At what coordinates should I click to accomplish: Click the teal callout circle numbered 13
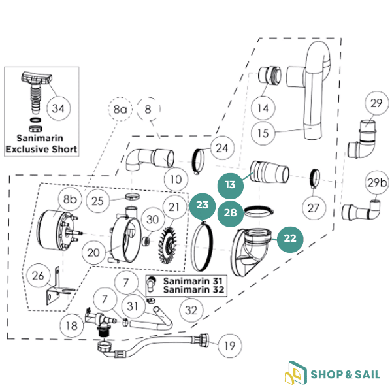(x=230, y=186)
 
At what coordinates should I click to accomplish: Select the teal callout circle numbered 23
(x=203, y=205)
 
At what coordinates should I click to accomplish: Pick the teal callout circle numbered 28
(x=229, y=213)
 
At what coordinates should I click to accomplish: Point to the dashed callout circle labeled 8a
(x=120, y=110)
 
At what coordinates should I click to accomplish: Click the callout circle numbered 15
(x=263, y=133)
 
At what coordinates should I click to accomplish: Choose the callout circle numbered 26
(x=38, y=277)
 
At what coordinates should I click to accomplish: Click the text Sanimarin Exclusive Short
(x=41, y=144)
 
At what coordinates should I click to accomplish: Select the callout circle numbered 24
(x=222, y=148)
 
